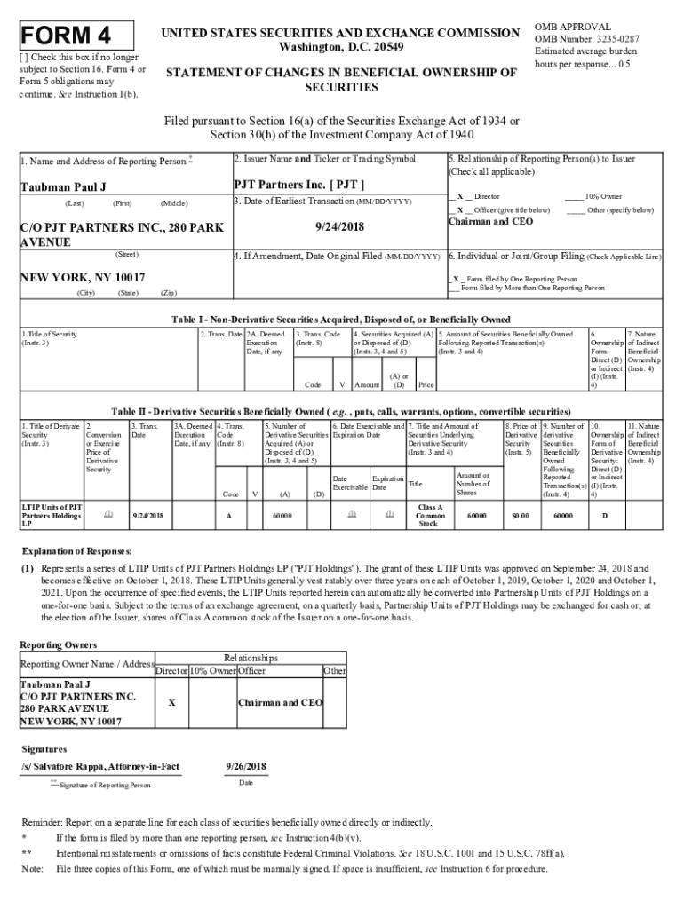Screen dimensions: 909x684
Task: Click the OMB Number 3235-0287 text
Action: [x=587, y=38]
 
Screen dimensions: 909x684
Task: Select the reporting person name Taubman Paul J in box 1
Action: [x=63, y=188]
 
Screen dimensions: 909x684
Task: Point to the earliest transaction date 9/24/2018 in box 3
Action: [x=339, y=226]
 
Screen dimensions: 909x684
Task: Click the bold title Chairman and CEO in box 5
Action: [x=490, y=222]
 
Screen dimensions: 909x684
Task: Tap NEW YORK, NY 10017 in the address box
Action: [x=83, y=277]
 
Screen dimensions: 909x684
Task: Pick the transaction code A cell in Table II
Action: [x=229, y=515]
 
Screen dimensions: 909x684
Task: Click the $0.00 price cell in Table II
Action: [x=519, y=515]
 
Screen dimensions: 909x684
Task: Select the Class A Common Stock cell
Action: [x=430, y=515]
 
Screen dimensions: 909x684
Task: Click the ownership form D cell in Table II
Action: [x=605, y=515]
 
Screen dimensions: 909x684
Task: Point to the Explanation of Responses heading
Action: [x=77, y=550]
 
